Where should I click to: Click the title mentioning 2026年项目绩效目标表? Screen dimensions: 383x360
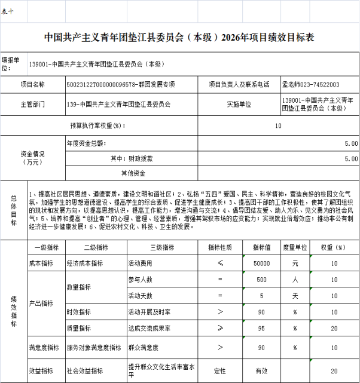(x=179, y=38)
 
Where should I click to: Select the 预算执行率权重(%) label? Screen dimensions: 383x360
(x=96, y=126)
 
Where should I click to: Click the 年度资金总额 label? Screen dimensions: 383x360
(x=86, y=143)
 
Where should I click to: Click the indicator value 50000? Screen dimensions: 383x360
(x=262, y=263)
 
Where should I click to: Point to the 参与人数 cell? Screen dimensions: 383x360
(x=141, y=279)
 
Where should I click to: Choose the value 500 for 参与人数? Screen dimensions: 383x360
(x=262, y=279)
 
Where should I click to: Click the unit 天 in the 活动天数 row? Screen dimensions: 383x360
(x=294, y=296)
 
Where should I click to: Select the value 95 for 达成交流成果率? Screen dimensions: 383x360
(x=262, y=327)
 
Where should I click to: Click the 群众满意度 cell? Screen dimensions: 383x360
(x=143, y=347)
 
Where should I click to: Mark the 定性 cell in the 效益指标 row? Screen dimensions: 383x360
(x=220, y=370)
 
